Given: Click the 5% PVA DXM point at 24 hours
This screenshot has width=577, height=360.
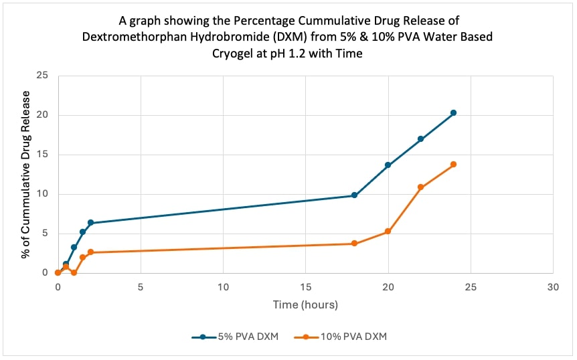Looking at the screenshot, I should click(453, 112).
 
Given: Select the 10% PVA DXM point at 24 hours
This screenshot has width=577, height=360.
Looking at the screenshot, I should click(453, 164).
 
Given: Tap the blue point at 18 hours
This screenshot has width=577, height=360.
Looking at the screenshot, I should click(354, 195).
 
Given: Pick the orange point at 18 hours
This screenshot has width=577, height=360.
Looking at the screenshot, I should click(354, 244).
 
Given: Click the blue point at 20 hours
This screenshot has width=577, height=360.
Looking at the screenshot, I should click(388, 165).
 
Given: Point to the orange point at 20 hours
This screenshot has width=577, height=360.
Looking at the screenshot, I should click(388, 232).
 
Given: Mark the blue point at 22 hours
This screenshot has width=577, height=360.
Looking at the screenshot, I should click(420, 139).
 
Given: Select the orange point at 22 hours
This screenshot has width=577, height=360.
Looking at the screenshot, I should click(420, 187).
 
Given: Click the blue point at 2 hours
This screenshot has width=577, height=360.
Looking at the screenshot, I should click(90, 223).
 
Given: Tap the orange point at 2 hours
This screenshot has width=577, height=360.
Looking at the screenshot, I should click(90, 252).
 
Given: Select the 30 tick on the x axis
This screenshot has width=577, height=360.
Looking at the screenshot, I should click(553, 286).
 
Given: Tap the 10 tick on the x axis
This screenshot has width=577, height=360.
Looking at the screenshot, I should click(223, 286).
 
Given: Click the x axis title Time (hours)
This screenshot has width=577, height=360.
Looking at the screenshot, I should click(305, 304).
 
